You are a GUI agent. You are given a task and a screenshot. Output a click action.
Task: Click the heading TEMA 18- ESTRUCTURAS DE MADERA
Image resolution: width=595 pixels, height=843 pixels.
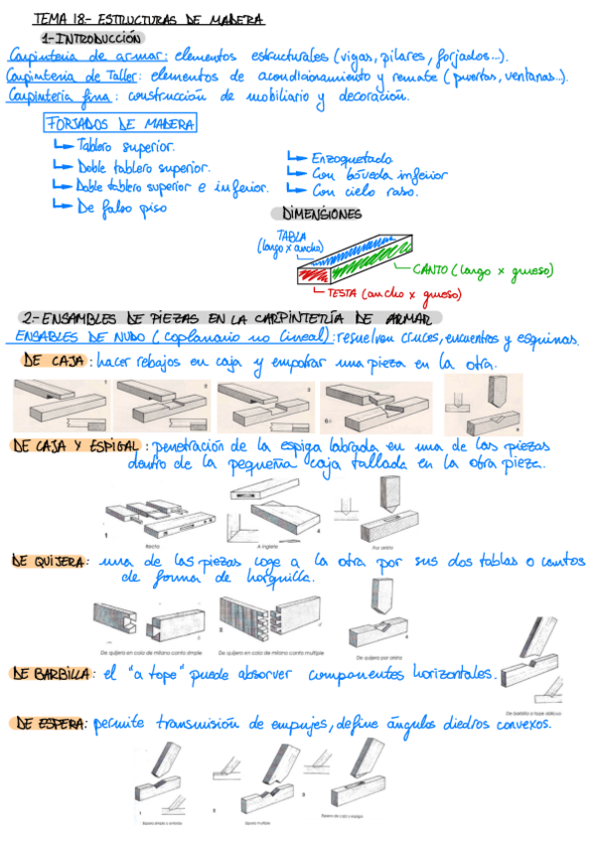(149, 18)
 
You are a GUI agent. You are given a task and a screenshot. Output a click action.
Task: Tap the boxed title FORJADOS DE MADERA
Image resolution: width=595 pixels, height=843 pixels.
(120, 123)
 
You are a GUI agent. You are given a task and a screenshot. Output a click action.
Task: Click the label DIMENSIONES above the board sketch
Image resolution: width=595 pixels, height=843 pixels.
(323, 214)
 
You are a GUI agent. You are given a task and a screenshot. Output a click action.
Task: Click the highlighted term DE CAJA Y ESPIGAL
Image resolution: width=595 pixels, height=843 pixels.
(76, 446)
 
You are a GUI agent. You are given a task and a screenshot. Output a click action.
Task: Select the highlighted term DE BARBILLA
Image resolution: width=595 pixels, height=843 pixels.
(52, 674)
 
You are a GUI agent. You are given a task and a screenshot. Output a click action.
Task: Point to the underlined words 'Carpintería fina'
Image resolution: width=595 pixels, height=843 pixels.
(58, 95)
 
